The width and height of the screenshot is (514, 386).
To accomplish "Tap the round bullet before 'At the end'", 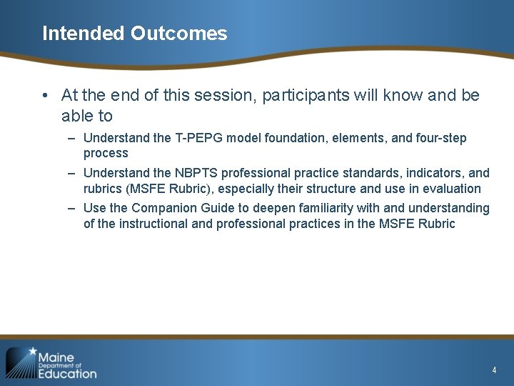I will click(45, 96).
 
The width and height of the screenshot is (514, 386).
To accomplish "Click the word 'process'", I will click(106, 153).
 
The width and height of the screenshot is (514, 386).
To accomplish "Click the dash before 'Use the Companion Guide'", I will click(73, 208).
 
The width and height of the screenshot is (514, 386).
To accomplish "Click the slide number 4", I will click(494, 370).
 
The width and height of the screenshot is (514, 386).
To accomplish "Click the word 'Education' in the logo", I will click(67, 373).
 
